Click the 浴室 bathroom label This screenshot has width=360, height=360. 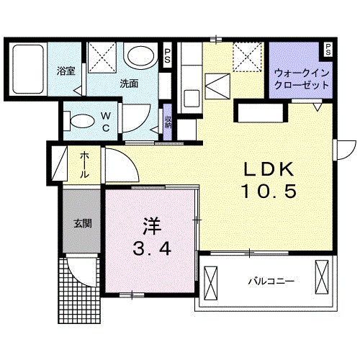(66, 71)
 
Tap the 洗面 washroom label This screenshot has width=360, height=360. (129, 84)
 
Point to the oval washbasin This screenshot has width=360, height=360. (140, 56)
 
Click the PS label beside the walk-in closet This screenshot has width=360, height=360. (328, 50)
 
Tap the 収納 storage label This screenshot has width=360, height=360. (168, 122)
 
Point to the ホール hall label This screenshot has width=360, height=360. (84, 165)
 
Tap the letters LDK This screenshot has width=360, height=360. (268, 170)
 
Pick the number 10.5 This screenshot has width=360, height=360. (268, 192)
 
